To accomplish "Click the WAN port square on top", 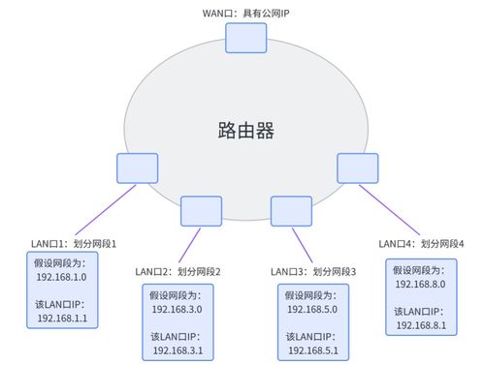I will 244,37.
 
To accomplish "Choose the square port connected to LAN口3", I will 289,210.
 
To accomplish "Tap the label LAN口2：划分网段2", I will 178,271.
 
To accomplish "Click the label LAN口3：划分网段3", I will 313,271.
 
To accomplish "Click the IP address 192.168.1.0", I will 62,276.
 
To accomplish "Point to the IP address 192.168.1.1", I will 62,317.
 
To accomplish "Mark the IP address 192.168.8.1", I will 421,325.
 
